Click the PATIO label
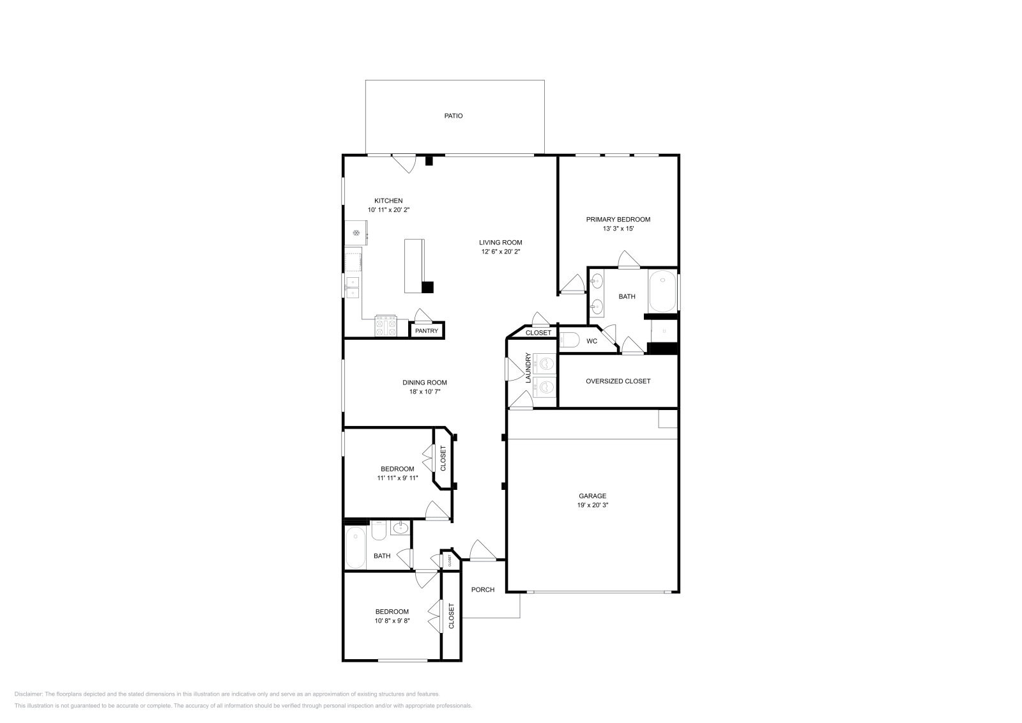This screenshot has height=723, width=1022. click(454, 116)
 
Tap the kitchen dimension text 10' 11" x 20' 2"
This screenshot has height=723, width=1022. click(388, 210)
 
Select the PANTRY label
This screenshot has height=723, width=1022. click(427, 331)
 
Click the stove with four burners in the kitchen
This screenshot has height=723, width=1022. click(386, 326)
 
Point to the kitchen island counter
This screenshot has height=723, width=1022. click(414, 265)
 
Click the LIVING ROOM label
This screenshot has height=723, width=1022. click(501, 242)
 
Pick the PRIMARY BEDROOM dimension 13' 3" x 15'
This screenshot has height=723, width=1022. click(618, 229)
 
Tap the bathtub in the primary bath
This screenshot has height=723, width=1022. click(662, 291)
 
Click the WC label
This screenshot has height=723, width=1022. click(592, 341)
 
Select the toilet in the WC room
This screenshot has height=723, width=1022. click(569, 340)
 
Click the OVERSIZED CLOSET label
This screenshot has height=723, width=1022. click(618, 381)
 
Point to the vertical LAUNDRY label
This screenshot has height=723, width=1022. click(528, 368)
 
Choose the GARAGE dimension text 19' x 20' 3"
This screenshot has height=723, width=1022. click(592, 505)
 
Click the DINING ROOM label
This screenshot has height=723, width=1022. click(425, 383)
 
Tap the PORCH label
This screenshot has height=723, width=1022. click(483, 590)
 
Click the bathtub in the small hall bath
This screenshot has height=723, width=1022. click(356, 547)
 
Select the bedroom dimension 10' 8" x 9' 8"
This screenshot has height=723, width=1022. click(392, 621)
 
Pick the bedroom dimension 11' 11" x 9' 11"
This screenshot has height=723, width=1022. click(397, 478)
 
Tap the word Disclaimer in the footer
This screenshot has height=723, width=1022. click(27, 694)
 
